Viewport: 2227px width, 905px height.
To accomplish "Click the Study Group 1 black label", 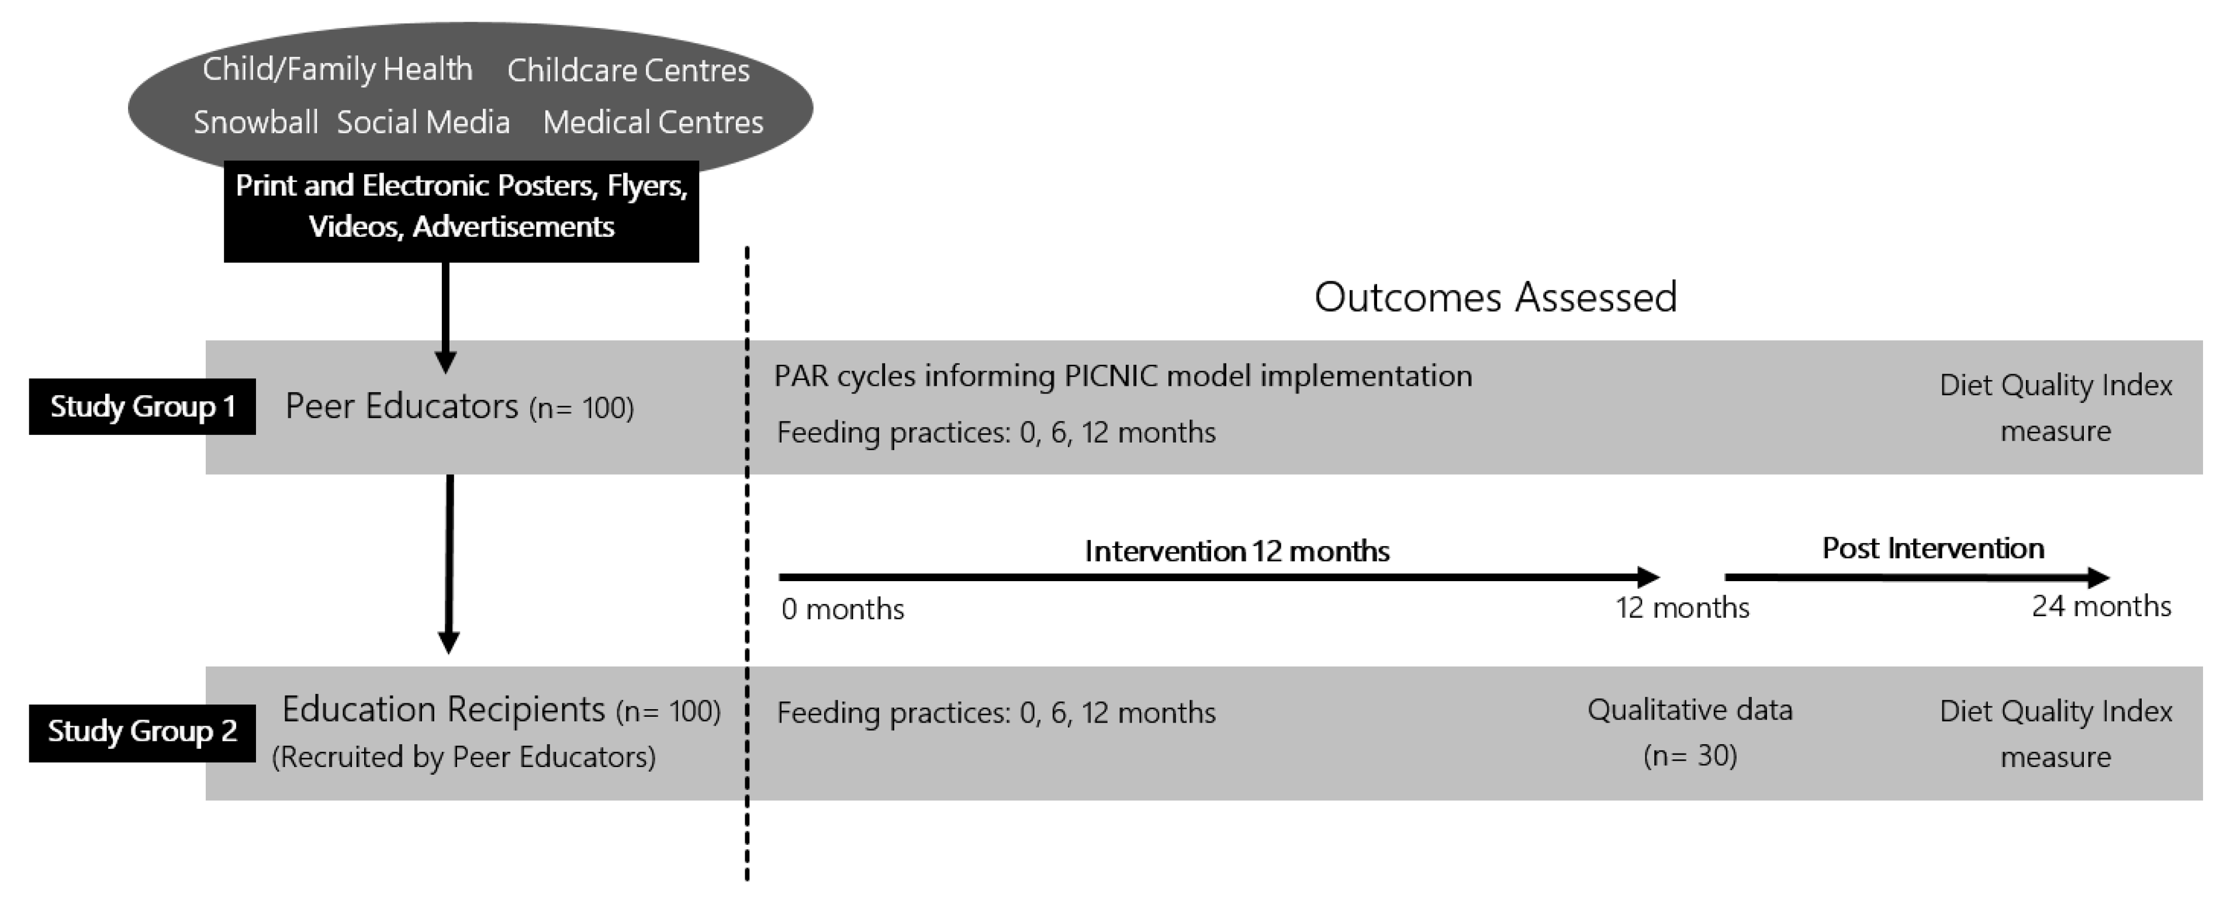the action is tap(143, 406).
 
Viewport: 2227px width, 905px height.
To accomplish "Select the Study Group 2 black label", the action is tap(143, 732).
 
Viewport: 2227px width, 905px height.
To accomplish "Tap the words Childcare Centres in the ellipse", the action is tap(628, 71).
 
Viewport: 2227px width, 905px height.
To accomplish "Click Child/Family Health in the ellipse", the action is tap(338, 69).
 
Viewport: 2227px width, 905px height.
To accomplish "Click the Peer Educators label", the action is tap(402, 406).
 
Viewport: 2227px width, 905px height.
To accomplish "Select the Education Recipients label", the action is tap(444, 710).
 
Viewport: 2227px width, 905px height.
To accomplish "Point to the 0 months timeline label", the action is tap(843, 609).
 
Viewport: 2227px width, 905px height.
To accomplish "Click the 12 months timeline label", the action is tap(1682, 607).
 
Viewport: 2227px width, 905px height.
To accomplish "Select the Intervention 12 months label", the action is tap(1237, 551).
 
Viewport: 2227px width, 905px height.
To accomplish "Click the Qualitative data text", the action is tap(1690, 710).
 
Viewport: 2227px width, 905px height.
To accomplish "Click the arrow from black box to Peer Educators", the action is tap(445, 317).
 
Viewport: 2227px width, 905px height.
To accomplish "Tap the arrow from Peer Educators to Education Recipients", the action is tap(449, 564).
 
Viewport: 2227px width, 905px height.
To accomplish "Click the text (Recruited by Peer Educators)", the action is tap(464, 757).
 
